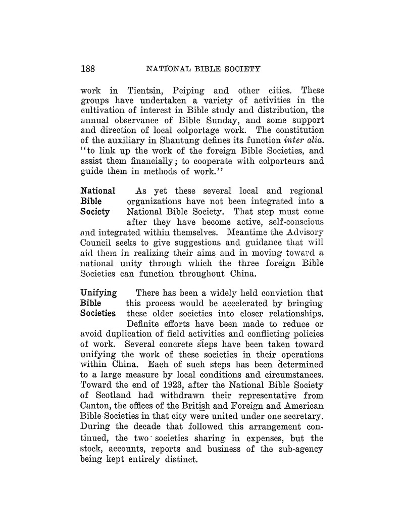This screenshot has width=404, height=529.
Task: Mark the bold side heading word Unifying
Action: (99, 293)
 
